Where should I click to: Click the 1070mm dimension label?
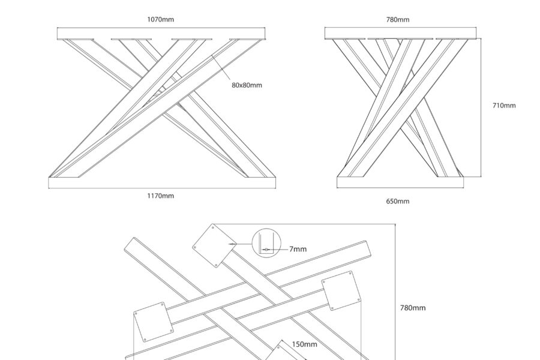[161, 20]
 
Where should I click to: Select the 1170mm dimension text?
[161, 196]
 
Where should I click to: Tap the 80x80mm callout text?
[247, 85]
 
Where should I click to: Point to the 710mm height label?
[503, 106]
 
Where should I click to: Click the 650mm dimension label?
[397, 202]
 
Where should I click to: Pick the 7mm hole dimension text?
[298, 248]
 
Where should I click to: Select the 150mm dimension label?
[304, 344]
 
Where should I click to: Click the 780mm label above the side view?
[397, 20]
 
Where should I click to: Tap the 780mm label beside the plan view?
[413, 308]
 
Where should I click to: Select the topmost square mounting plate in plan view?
[214, 245]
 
